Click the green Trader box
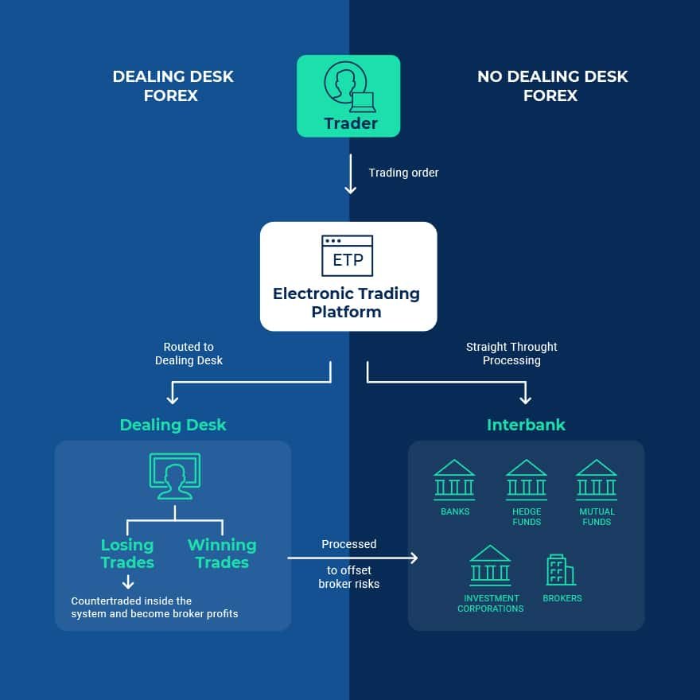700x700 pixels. [x=348, y=95]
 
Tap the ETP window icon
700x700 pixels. [x=347, y=255]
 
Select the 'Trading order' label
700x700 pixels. [x=403, y=173]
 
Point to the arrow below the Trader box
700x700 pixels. [x=350, y=176]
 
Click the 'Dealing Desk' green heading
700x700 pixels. [x=173, y=425]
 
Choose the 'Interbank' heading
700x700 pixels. [x=526, y=425]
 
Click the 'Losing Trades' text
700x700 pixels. [x=127, y=554]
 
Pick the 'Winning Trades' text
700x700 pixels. [x=222, y=554]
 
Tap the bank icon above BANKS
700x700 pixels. [x=454, y=480]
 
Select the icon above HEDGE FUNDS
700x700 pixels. [x=527, y=480]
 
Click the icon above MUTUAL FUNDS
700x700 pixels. [x=597, y=480]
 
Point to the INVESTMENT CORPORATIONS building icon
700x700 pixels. [x=490, y=565]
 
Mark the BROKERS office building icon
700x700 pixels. [x=560, y=570]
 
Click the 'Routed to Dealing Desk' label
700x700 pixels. [x=189, y=354]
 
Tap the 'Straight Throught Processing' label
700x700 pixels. [x=511, y=354]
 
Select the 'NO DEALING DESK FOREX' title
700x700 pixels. [x=552, y=86]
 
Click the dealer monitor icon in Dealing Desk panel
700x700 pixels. [x=175, y=476]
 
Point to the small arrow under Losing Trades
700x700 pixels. [x=127, y=582]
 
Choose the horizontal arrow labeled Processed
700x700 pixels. [x=352, y=558]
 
